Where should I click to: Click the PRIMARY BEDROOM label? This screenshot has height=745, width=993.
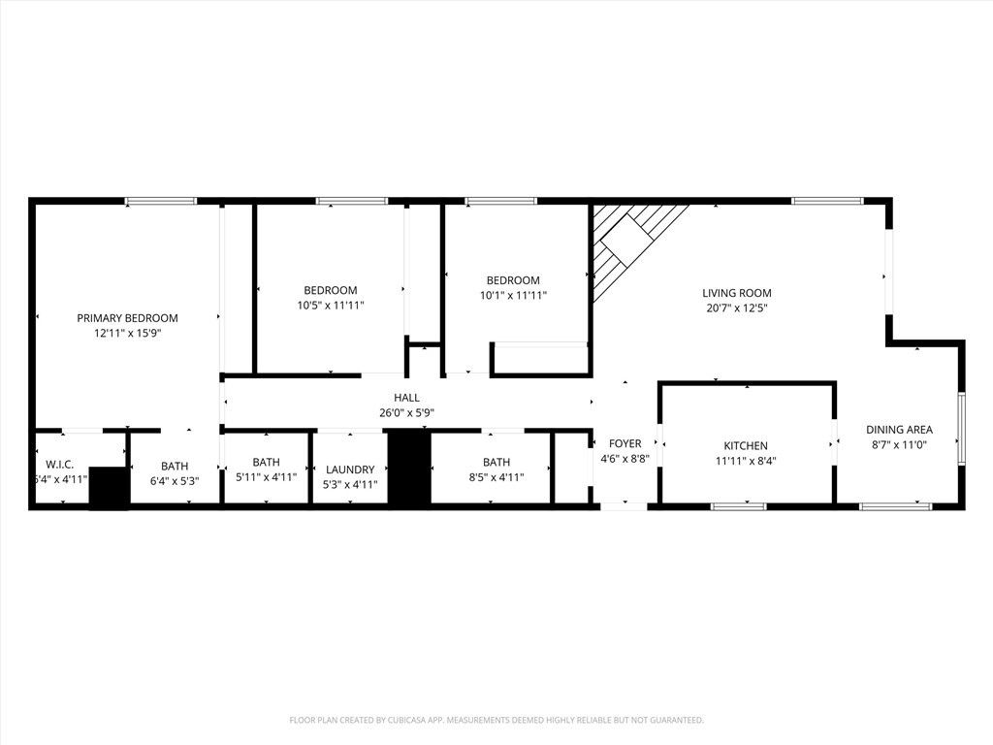coord(127,318)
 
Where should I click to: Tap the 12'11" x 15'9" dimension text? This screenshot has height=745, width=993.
coord(127,333)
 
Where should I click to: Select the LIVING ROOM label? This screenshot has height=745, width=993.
coord(736,293)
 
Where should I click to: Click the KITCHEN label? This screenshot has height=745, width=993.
coord(746,446)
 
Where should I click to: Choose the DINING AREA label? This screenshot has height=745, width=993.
coord(899,430)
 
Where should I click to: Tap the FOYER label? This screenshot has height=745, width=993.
coord(625,443)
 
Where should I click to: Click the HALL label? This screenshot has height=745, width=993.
coord(406,398)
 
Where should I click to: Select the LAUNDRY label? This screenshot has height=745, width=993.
coord(350,470)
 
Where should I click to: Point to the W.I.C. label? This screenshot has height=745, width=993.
coord(59,465)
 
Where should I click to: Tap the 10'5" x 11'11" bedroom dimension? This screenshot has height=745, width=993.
coord(330,305)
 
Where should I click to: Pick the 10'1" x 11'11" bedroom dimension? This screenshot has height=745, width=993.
coord(513,295)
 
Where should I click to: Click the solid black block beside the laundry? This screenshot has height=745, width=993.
coord(408,468)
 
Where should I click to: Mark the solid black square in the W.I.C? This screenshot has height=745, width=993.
coord(109,487)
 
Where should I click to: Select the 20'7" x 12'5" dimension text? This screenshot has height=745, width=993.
coord(736,308)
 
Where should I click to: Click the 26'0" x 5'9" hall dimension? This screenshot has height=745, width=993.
coord(406,412)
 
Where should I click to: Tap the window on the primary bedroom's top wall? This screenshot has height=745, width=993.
coord(161,201)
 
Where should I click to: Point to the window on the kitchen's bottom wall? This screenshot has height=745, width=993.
coord(738,505)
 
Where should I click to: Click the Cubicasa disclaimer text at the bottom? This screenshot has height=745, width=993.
coord(496,720)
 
